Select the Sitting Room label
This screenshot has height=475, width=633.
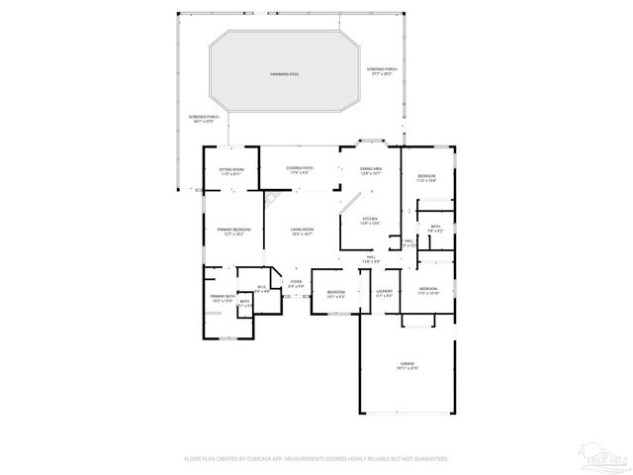pyautogui.click(x=230, y=171)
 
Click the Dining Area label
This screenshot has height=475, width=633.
pyautogui.click(x=371, y=171)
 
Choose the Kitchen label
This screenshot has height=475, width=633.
pyautogui.click(x=370, y=221)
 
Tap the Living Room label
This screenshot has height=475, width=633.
pyautogui.click(x=302, y=233)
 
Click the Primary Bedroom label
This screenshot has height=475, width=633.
pyautogui.click(x=233, y=233)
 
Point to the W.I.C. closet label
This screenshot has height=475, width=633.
pyautogui.click(x=262, y=290)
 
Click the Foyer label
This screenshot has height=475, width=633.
pyautogui.click(x=295, y=285)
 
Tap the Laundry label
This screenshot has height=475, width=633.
pyautogui.click(x=384, y=293)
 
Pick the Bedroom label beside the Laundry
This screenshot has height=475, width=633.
pyautogui.click(x=336, y=293)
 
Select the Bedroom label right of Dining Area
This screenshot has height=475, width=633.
pyautogui.click(x=425, y=178)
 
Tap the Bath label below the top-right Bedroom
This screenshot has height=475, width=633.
pyautogui.click(x=434, y=229)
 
